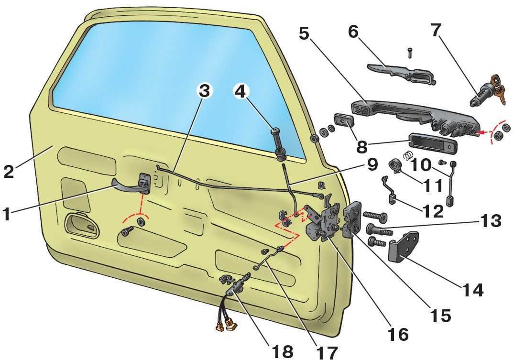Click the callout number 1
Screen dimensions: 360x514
pyautogui.click(x=6, y=214)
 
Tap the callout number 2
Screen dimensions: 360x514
pyautogui.click(x=9, y=171)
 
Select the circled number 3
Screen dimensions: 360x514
pyautogui.click(x=204, y=91)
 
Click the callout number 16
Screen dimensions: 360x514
pyautogui.click(x=398, y=334)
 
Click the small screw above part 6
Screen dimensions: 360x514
pyautogui.click(x=410, y=53)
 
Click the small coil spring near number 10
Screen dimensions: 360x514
pyautogui.click(x=407, y=155)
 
